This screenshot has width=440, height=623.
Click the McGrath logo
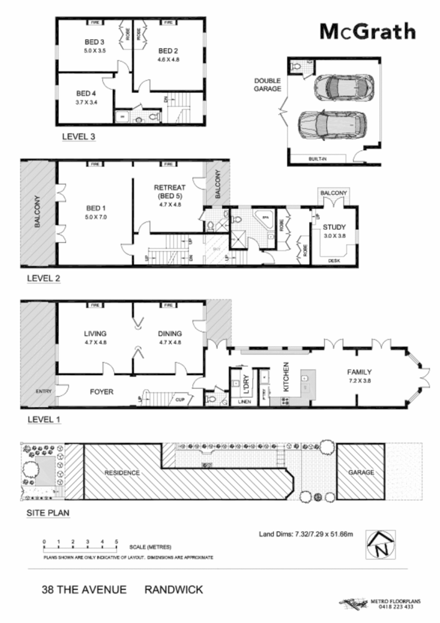point(367,31)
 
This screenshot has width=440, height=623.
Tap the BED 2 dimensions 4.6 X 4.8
point(168,60)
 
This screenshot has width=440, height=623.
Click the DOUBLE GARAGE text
point(268,85)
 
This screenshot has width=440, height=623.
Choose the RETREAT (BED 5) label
point(169,191)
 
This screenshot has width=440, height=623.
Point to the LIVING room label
point(96,333)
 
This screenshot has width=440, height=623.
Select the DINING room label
point(169,333)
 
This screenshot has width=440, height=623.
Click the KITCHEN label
point(287,376)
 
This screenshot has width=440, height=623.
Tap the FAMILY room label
point(359,372)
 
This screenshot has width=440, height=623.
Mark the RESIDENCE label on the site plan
point(122,472)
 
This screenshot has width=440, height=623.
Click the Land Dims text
point(306,534)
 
